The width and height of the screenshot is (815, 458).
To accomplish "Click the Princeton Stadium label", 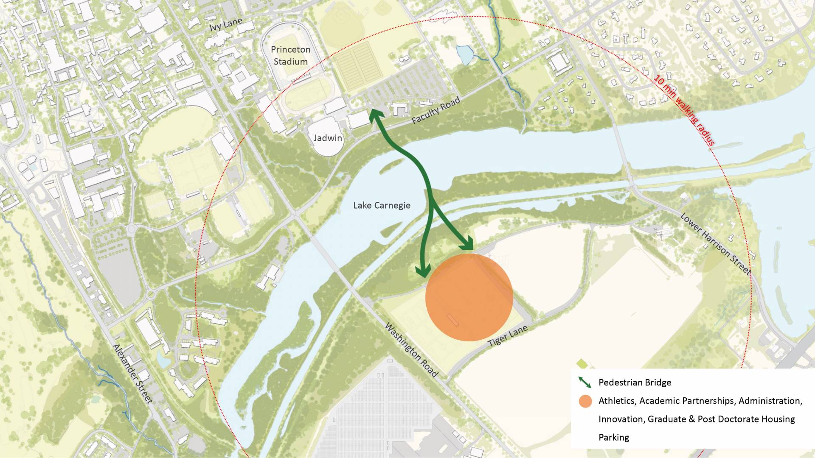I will [291, 56].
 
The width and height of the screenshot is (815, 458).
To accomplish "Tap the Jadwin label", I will [328, 138].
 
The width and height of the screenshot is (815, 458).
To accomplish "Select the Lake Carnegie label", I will [382, 206].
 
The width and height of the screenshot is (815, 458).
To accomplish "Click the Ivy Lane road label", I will [226, 24].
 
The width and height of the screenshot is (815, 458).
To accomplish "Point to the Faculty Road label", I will [436, 111].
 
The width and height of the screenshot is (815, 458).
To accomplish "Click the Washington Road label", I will [411, 349].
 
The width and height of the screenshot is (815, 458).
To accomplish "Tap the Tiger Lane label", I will [508, 336].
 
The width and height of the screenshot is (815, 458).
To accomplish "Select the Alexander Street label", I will [132, 373].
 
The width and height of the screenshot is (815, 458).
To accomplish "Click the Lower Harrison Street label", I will [716, 243].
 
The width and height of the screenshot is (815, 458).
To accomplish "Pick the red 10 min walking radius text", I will [684, 110].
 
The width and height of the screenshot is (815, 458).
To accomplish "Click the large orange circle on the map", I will [469, 297].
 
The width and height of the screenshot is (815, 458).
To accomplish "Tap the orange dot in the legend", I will [585, 401].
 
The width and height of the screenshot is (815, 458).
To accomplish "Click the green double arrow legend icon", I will [585, 382].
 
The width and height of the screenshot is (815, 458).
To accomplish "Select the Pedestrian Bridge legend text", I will [635, 383].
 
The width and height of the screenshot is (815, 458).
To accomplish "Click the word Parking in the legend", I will [614, 437].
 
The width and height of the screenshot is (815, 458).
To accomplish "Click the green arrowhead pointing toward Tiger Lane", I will [468, 245].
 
